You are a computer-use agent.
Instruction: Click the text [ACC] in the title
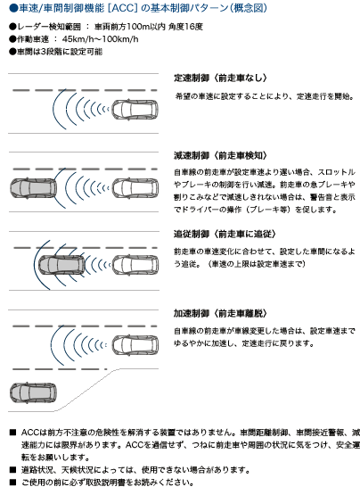pyautogui.click(x=122, y=8)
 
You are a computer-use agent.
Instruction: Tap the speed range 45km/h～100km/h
pyautogui.click(x=100, y=39)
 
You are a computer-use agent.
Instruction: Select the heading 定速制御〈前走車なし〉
pyautogui.click(x=220, y=78)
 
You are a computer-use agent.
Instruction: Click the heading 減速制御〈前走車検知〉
pyautogui.click(x=220, y=155)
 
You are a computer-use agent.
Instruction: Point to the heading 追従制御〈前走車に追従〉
pyautogui.click(x=225, y=234)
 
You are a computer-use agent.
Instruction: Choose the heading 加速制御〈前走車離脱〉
pyautogui.click(x=220, y=313)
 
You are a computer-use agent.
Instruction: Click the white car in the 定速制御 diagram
pyautogui.click(x=135, y=110)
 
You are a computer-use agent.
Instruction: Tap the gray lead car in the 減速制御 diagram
pyautogui.click(x=34, y=188)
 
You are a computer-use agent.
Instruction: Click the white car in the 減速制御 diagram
pyautogui.click(x=135, y=188)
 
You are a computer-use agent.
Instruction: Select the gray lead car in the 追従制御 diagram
pyautogui.click(x=61, y=265)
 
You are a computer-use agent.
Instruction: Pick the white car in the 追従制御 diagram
pyautogui.click(x=135, y=265)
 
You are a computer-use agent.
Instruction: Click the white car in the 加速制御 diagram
pyautogui.click(x=135, y=345)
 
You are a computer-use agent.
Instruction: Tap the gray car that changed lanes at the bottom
pyautogui.click(x=34, y=392)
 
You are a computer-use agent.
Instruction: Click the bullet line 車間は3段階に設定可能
pyautogui.click(x=55, y=52)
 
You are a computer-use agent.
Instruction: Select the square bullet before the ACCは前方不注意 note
pyautogui.click(x=12, y=433)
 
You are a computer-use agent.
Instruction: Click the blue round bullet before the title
pyautogui.click(x=13, y=8)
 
